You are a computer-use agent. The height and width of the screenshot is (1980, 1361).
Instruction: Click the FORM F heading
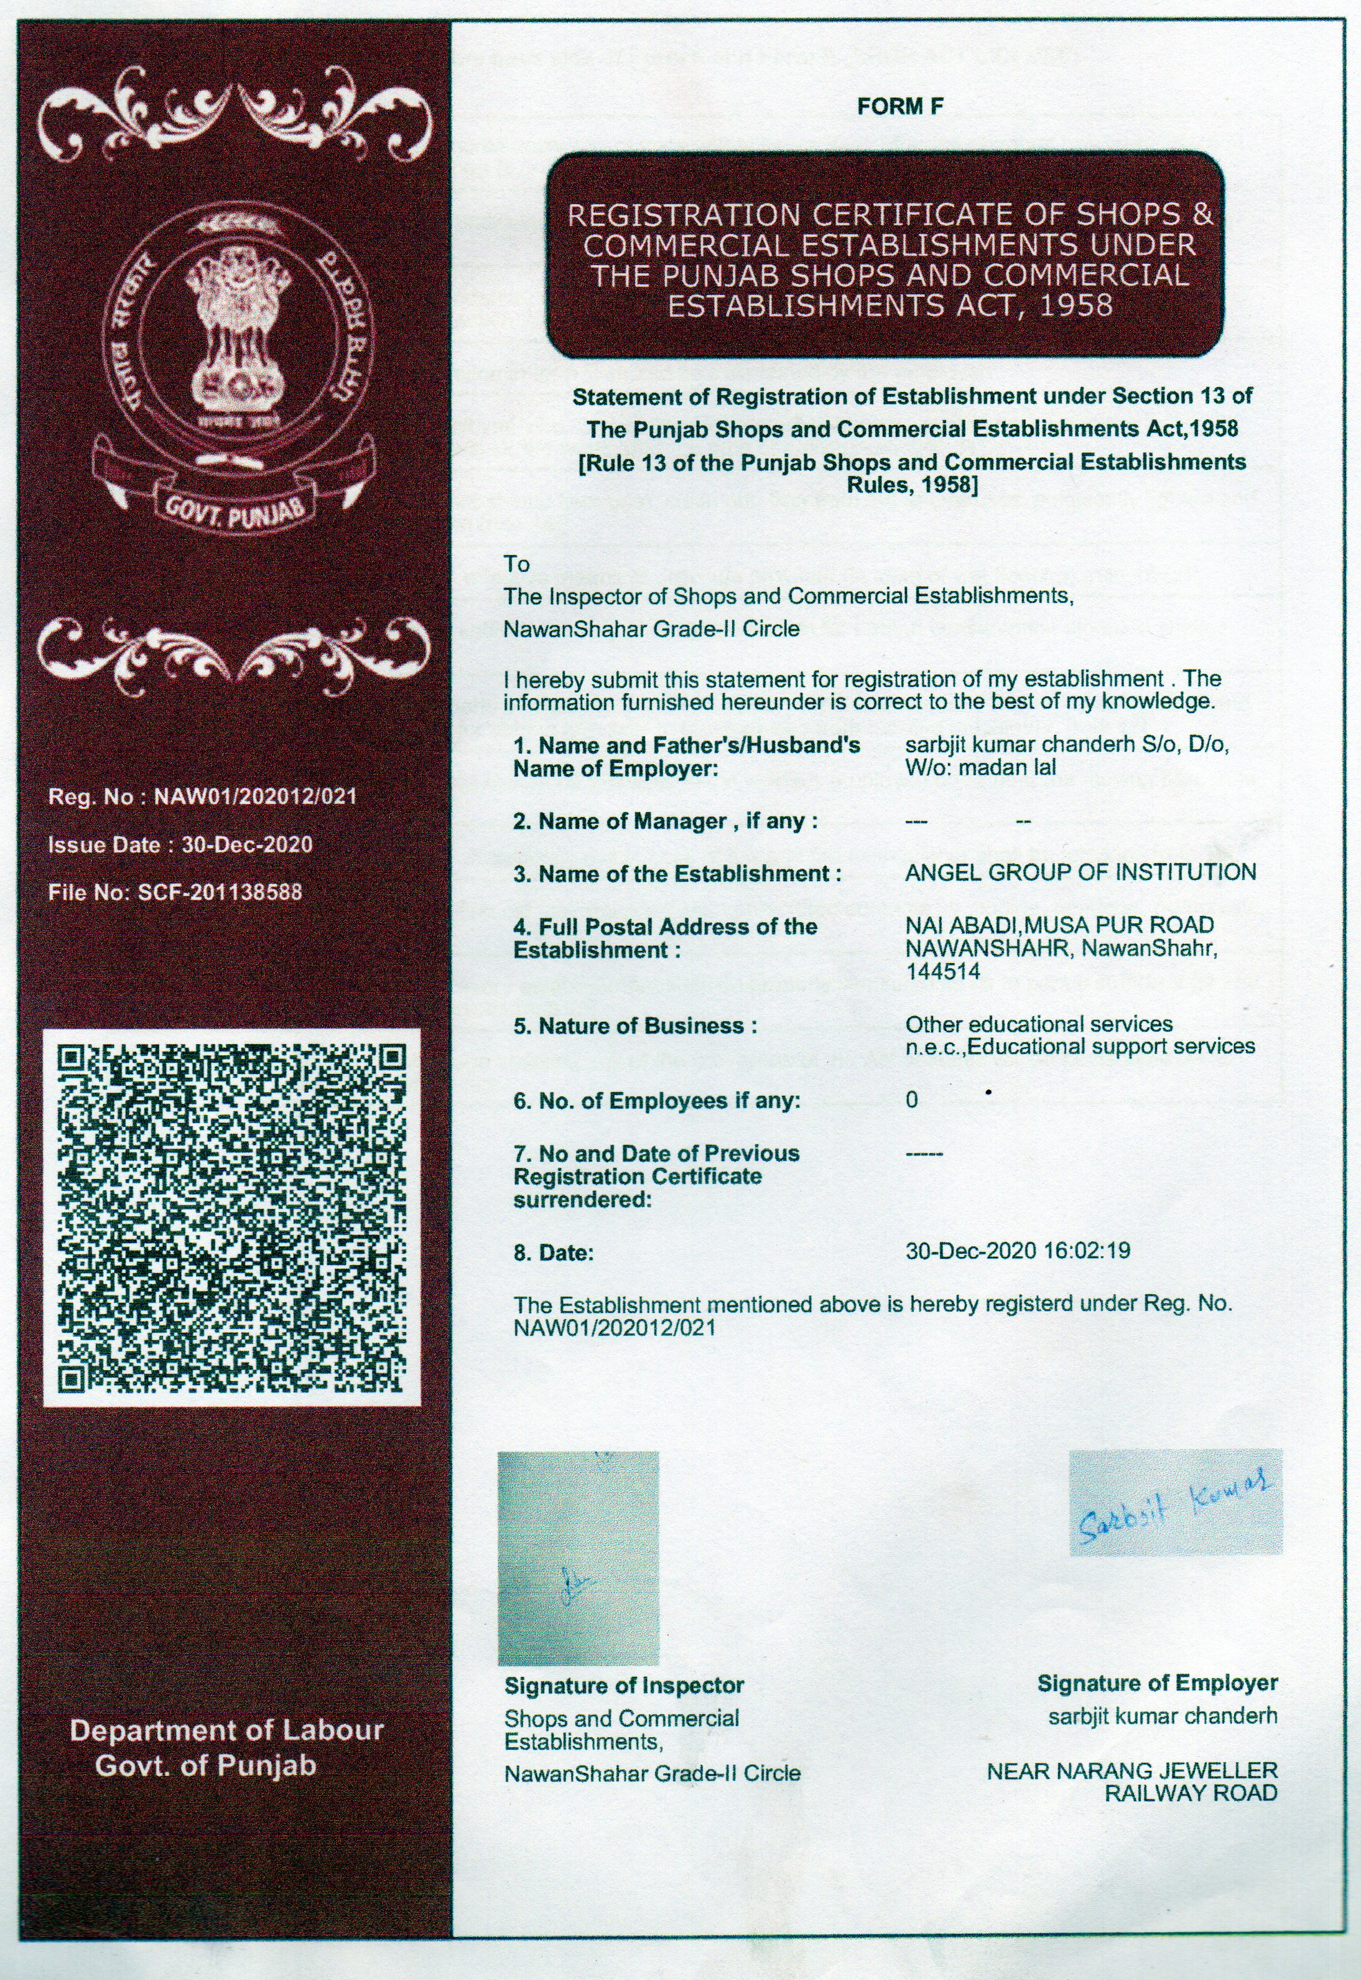pyautogui.click(x=901, y=106)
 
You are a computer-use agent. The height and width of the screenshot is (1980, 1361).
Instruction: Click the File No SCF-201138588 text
pyautogui.click(x=175, y=892)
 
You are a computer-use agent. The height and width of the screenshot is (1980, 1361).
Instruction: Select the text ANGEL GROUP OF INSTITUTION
pyautogui.click(x=1080, y=872)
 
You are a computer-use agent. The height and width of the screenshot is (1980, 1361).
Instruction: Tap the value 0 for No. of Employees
pyautogui.click(x=912, y=1101)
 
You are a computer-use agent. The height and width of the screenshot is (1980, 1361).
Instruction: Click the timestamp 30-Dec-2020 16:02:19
pyautogui.click(x=1018, y=1251)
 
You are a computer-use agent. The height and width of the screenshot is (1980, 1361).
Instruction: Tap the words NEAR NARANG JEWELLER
pyautogui.click(x=1131, y=1772)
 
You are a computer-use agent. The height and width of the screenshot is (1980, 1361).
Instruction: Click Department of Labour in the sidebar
pyautogui.click(x=227, y=1731)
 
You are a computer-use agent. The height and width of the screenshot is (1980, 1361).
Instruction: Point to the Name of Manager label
pyautogui.click(x=665, y=821)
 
